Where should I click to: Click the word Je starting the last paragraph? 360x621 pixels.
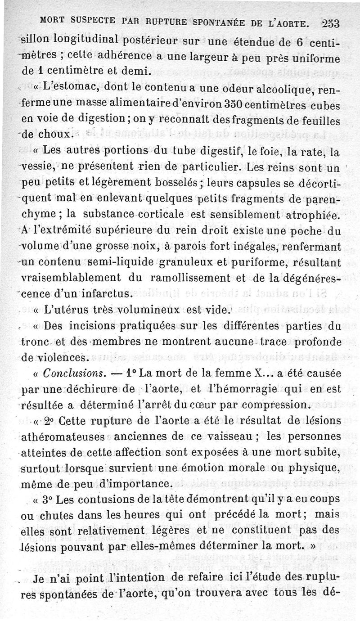point(40,579)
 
